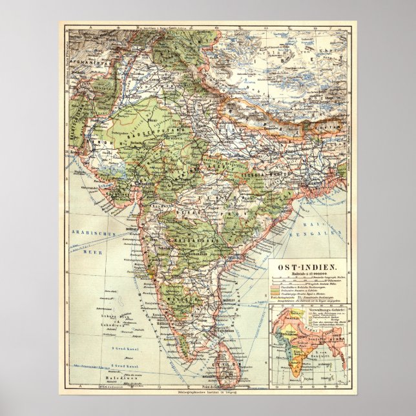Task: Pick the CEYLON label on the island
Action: click(x=228, y=368)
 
